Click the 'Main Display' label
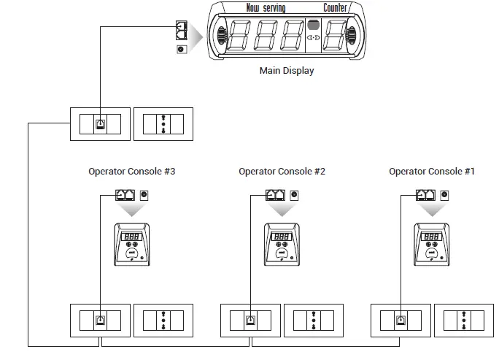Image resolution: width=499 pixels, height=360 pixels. (x=287, y=71)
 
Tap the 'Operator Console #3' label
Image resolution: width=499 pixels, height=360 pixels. (x=131, y=172)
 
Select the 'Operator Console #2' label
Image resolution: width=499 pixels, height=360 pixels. (x=282, y=172)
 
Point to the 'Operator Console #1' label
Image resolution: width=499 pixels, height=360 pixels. (x=432, y=172)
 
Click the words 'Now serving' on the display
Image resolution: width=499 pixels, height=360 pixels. (x=266, y=8)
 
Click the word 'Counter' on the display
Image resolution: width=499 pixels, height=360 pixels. (x=336, y=8)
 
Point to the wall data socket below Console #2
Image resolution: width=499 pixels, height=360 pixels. (x=250, y=319)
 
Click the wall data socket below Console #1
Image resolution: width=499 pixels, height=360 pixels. (x=401, y=319)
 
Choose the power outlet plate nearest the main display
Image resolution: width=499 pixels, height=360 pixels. (x=166, y=123)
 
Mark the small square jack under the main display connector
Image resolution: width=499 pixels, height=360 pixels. (x=182, y=50)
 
